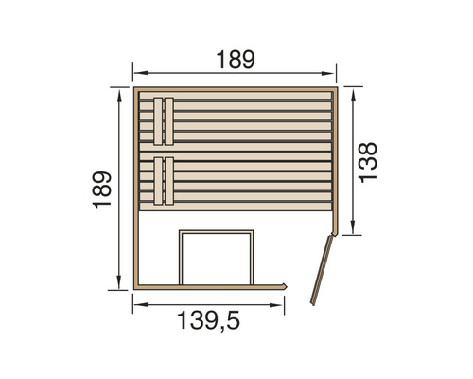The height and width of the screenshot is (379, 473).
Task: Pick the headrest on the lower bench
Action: pos(164,179)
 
